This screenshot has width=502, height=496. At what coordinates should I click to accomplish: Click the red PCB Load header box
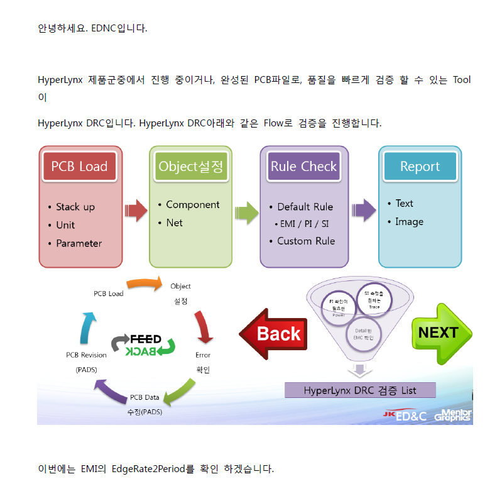(79, 167)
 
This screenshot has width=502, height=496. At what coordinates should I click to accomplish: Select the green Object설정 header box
(190, 167)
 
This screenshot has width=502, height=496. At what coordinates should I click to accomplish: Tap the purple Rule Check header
(304, 167)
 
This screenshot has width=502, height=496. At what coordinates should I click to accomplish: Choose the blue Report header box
(420, 167)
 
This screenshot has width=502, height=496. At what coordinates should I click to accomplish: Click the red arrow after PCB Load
(135, 211)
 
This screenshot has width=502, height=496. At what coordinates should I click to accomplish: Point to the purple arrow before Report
(364, 211)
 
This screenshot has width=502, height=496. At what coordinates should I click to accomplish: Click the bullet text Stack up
(75, 207)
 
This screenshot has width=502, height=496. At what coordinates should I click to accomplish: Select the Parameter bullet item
(79, 243)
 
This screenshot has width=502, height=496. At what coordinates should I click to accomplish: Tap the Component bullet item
(192, 205)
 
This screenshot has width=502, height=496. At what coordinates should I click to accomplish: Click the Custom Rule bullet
(306, 241)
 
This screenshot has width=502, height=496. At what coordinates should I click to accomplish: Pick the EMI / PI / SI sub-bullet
(303, 224)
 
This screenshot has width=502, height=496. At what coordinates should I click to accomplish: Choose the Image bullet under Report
(409, 221)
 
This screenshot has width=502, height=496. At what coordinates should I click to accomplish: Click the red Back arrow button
(273, 333)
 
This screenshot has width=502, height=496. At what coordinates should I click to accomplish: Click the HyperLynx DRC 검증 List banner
(360, 390)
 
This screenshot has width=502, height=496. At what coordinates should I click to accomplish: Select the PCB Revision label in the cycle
(86, 355)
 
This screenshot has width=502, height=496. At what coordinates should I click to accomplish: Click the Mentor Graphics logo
(452, 415)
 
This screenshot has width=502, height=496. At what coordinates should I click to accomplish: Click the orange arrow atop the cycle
(144, 284)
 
